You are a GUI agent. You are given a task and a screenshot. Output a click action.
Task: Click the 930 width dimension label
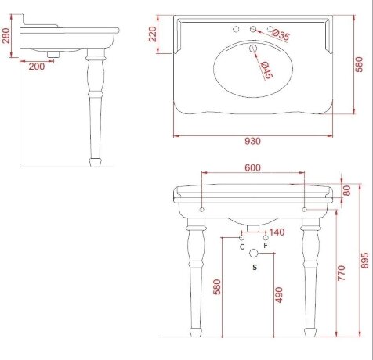pyautogui.click(x=252, y=141)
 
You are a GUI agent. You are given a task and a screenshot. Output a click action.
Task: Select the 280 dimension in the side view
pyautogui.click(x=5, y=35)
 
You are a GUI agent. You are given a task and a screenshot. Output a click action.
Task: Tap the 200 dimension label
pyautogui.click(x=36, y=67)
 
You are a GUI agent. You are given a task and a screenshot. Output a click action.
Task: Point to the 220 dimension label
pyautogui.click(x=154, y=34)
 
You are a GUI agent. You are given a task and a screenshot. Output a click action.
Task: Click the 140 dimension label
pyautogui.click(x=276, y=232)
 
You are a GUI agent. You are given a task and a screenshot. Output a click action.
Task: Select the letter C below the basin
pyautogui.click(x=242, y=246)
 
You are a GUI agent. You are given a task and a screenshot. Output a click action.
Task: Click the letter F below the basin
pyautogui.click(x=266, y=246)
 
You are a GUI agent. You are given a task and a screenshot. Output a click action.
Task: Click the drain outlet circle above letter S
pyautogui.click(x=254, y=253)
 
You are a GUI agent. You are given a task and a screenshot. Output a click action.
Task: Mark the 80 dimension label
pyautogui.click(x=348, y=190)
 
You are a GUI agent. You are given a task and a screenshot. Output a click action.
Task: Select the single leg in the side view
pyautogui.click(x=96, y=110)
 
